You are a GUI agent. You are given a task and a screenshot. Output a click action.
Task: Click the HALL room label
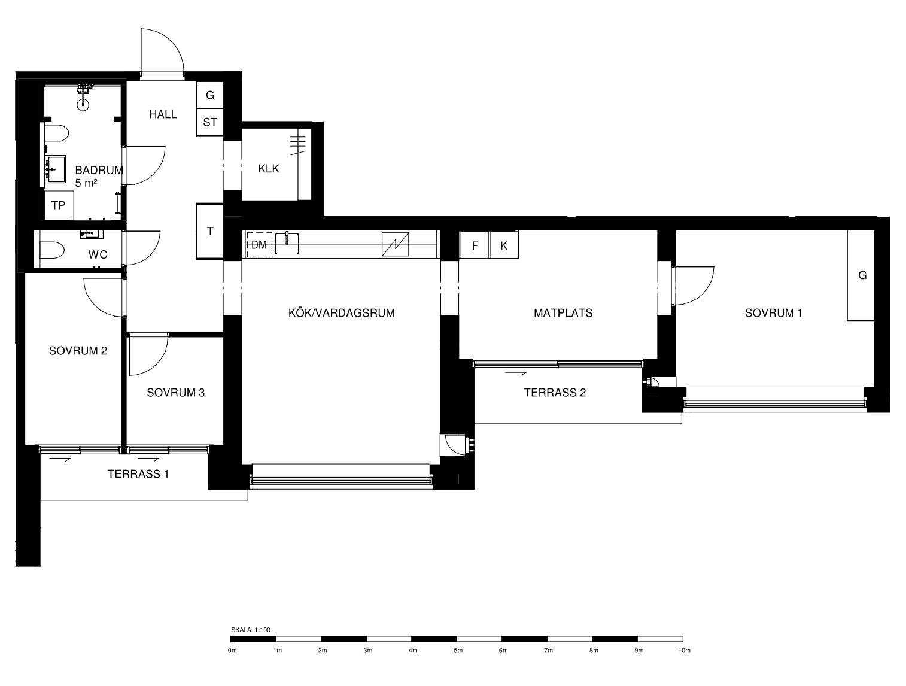(x=163, y=114)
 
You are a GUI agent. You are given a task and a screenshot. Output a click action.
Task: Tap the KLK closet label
(x=269, y=168)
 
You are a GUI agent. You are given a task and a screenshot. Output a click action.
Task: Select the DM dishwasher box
(x=259, y=245)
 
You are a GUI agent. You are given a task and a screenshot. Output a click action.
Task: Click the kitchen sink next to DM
(x=287, y=244)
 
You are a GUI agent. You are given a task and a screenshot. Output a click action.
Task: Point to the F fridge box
(x=475, y=245)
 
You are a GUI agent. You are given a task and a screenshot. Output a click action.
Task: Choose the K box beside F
(x=504, y=245)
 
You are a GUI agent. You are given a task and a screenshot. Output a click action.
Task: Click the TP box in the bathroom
(x=59, y=205)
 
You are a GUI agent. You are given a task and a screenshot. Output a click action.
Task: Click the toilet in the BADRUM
(x=56, y=133)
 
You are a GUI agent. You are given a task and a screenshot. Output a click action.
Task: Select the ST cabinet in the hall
(x=210, y=122)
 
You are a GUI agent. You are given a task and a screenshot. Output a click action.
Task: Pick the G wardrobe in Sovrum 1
(x=861, y=275)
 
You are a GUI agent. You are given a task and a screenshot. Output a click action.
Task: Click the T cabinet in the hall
(x=210, y=231)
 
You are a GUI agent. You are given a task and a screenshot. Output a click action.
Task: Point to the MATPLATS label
(x=563, y=313)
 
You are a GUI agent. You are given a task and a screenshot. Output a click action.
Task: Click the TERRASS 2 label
(x=555, y=392)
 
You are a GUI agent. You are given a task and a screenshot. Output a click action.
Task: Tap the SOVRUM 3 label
(x=175, y=393)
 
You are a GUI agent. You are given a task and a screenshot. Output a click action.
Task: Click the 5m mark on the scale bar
(x=458, y=651)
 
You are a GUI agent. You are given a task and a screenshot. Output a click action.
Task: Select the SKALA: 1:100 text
(x=251, y=630)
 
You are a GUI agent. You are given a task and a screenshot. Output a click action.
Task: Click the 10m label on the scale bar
(x=683, y=651)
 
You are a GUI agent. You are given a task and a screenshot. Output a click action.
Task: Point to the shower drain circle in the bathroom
(x=83, y=105)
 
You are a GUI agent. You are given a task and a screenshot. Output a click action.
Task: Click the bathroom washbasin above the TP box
(x=55, y=169)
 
